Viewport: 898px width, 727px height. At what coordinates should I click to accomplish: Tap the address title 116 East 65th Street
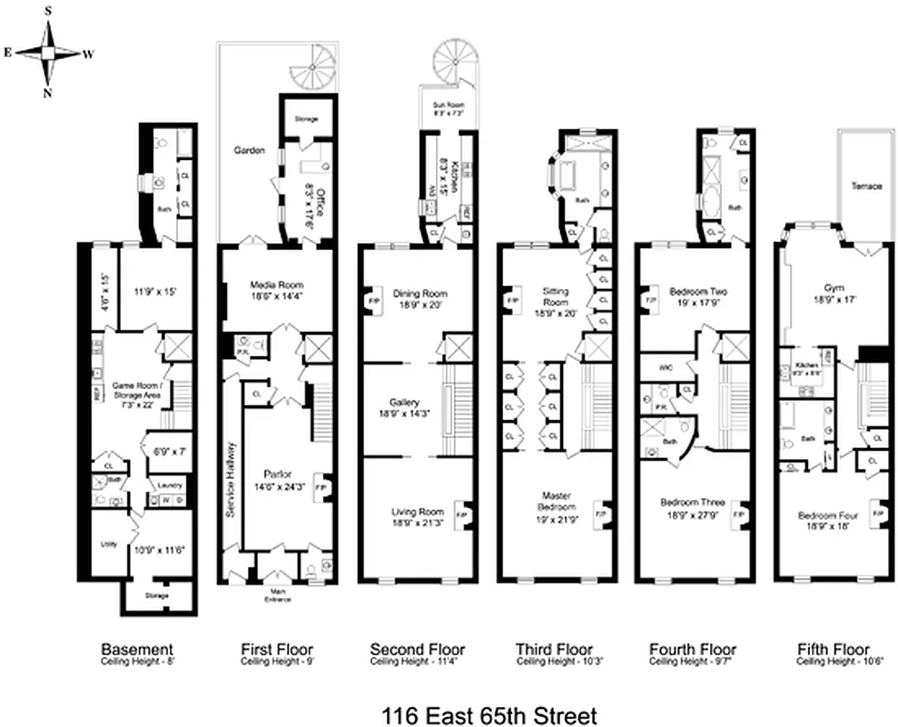click(449, 703)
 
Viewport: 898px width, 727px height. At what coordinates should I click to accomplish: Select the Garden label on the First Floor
click(248, 151)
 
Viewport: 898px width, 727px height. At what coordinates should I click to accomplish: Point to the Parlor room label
click(276, 474)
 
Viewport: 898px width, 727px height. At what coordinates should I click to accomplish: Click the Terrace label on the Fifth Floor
click(865, 185)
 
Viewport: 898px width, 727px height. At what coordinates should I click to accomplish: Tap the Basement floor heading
click(136, 650)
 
